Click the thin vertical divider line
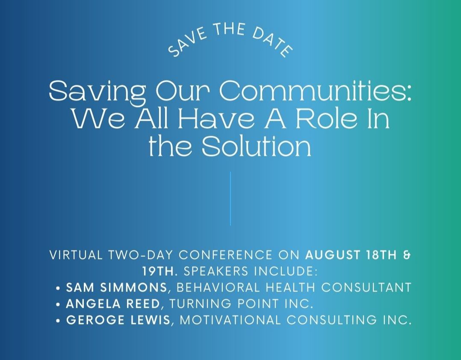tap(230, 199)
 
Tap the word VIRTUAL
tap(76, 255)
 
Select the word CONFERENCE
tap(225, 255)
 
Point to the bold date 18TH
tap(381, 255)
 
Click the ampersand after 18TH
tap(407, 255)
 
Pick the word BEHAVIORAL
tap(218, 287)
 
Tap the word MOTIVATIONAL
tap(230, 320)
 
